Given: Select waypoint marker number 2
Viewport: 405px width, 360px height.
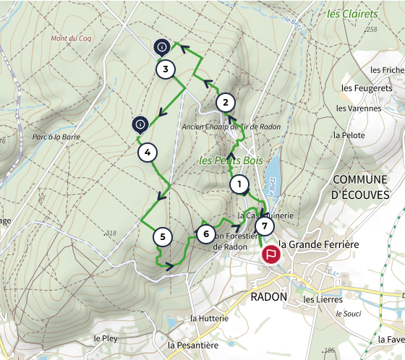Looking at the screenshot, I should tap(226, 102).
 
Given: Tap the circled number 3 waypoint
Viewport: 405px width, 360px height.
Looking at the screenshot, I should tap(166, 70).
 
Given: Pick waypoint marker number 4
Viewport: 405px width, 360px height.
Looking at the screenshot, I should tap(147, 153).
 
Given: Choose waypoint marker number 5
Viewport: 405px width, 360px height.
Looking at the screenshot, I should tap(163, 236).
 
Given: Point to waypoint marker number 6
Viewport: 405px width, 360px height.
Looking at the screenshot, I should tap(206, 234).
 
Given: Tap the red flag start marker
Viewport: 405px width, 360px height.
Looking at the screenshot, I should tap(271, 254).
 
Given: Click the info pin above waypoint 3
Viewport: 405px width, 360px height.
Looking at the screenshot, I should tap(161, 48).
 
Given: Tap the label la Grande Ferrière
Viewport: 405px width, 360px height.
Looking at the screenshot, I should tap(319, 245).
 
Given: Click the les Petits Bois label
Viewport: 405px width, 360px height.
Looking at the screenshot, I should tap(231, 160).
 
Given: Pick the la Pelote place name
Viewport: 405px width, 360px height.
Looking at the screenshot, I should tap(347, 134).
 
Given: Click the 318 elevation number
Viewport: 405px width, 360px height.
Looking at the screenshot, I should tap(111, 233).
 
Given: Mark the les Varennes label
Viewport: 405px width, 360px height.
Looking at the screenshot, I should tap(359, 108).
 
